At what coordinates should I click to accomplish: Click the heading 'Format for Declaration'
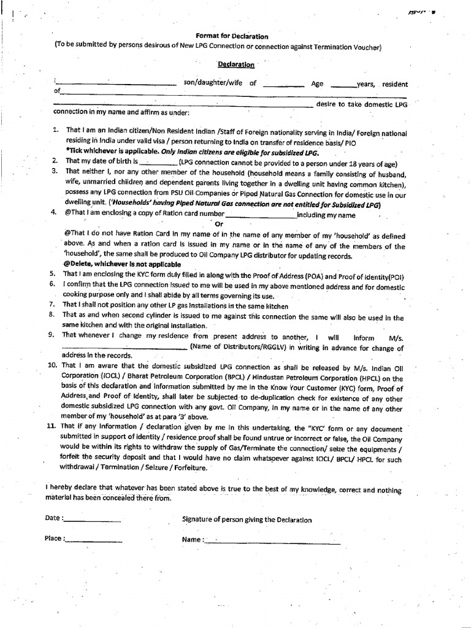(x=232, y=36)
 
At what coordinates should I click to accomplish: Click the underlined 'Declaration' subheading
(x=236, y=64)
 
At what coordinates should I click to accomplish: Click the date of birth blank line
(x=159, y=164)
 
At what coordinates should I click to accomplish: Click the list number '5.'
(x=53, y=274)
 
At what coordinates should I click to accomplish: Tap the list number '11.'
(x=52, y=425)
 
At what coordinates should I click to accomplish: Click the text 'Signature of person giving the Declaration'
(x=247, y=520)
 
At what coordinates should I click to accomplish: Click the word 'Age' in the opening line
(x=317, y=84)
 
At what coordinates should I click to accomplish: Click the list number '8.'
(x=53, y=315)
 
